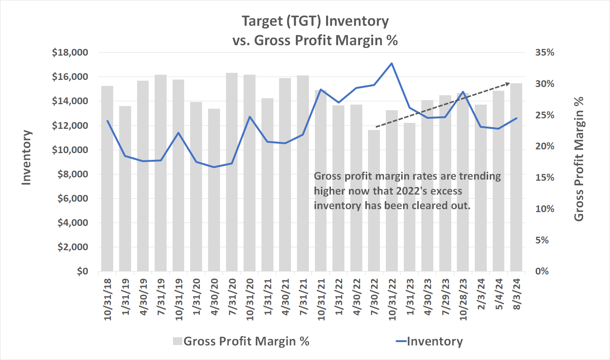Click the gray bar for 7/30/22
coord(374,202)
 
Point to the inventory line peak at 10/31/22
coord(391,63)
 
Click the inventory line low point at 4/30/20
coord(214,167)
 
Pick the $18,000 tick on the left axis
coord(70,53)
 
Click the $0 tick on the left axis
coord(83,271)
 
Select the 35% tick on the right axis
coord(545,53)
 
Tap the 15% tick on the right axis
coord(545,178)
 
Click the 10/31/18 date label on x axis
coord(108,299)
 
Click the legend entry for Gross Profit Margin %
coord(241,341)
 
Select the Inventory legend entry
coord(430,341)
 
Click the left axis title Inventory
coord(26,157)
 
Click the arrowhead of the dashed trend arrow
coord(508,83)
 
